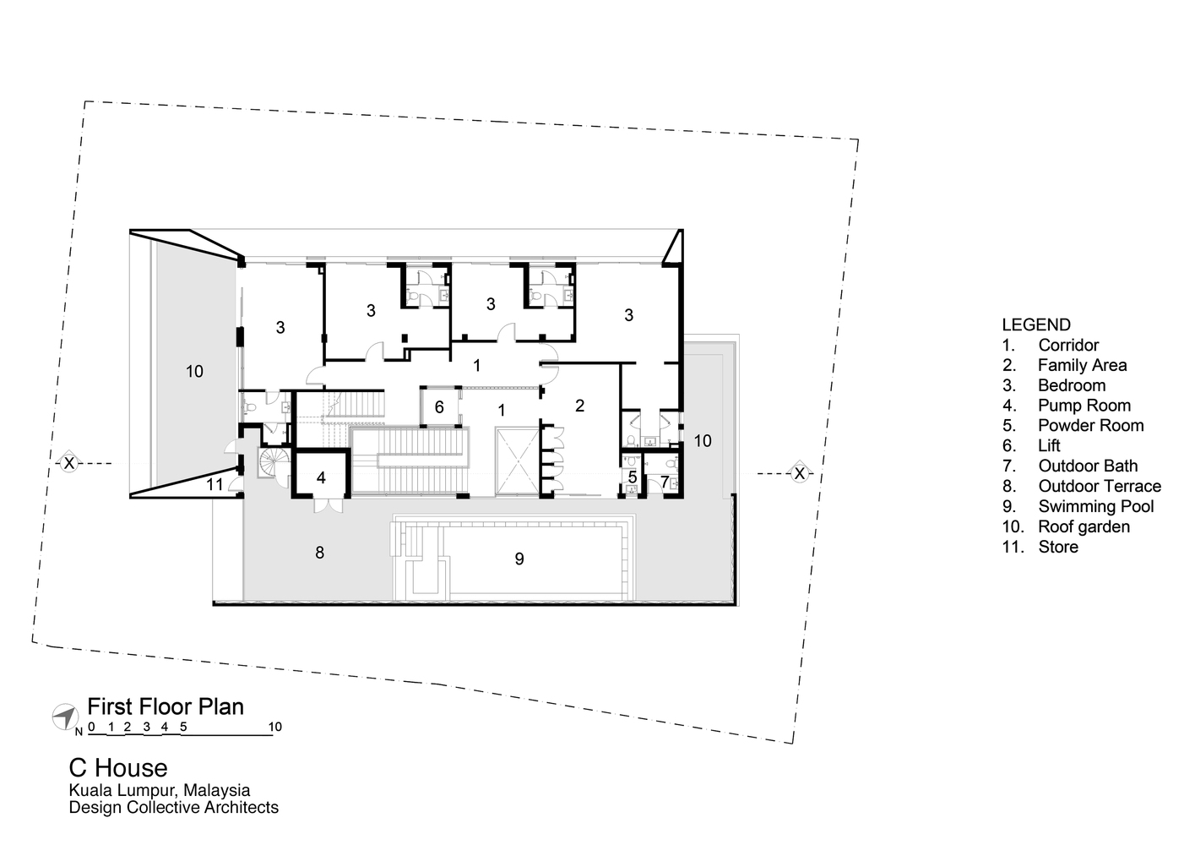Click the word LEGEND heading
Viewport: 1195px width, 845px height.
click(x=1035, y=324)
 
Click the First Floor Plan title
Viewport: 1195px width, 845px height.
click(x=166, y=707)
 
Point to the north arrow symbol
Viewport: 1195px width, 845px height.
click(x=63, y=717)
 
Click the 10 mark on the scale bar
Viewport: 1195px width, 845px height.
click(x=274, y=727)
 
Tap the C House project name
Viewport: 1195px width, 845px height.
click(x=118, y=767)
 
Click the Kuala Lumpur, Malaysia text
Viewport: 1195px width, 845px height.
click(x=160, y=791)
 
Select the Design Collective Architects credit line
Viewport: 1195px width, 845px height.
click(x=173, y=808)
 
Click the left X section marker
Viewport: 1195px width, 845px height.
click(x=69, y=463)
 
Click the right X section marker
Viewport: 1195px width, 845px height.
click(x=798, y=474)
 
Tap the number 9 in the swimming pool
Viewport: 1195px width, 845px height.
click(x=519, y=559)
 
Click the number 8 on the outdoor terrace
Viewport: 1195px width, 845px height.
click(x=319, y=553)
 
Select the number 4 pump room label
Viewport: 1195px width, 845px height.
click(x=321, y=477)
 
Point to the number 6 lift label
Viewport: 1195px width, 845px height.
click(x=439, y=407)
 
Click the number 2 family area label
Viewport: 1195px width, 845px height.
click(x=579, y=406)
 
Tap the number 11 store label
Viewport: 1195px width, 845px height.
click(x=215, y=484)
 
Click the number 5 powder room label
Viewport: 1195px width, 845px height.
click(x=633, y=477)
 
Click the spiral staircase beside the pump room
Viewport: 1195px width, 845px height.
click(x=274, y=463)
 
